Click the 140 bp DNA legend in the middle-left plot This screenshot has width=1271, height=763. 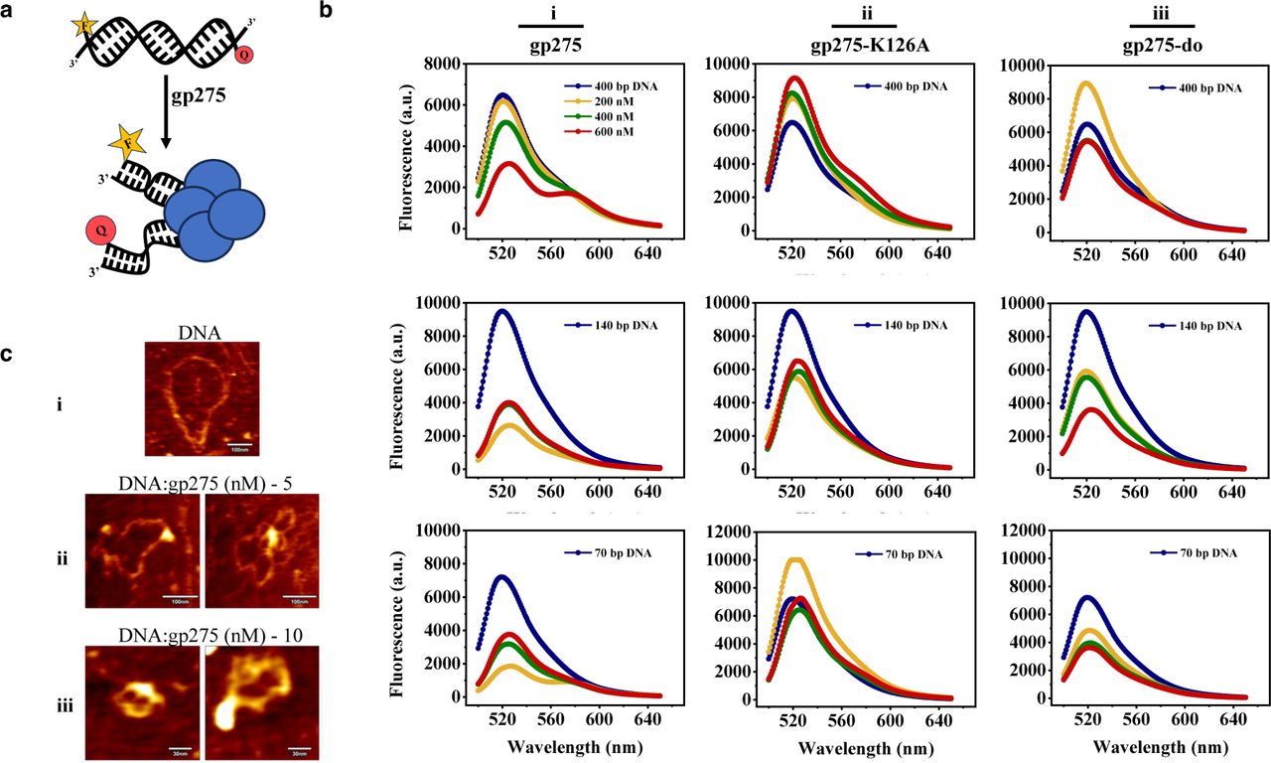[608, 325]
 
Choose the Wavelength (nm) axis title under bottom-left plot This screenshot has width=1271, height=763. [566, 745]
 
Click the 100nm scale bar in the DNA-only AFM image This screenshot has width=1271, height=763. [240, 446]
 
